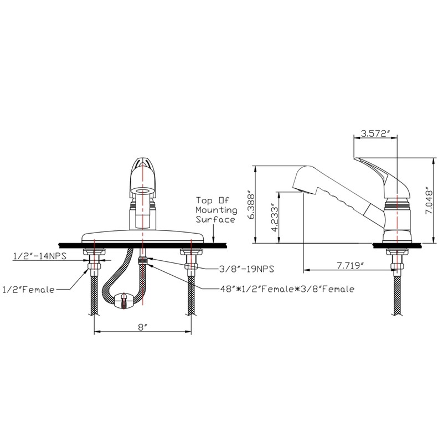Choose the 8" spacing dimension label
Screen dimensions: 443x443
143,327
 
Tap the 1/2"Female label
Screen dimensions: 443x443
29,288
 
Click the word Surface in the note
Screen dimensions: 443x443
215,220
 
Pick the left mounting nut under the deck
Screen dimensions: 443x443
95,257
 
